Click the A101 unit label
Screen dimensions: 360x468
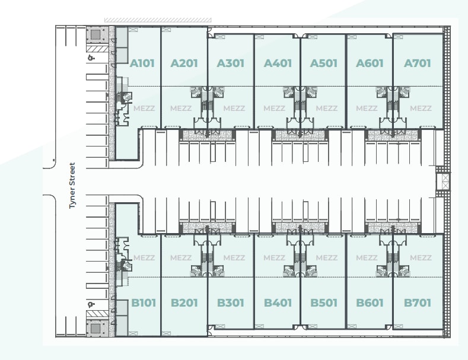pyautogui.click(x=143, y=63)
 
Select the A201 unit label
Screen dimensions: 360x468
pyautogui.click(x=184, y=63)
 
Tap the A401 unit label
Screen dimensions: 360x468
pyautogui.click(x=278, y=63)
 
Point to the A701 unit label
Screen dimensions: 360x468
pyautogui.click(x=417, y=63)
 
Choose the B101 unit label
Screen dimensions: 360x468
pyautogui.click(x=144, y=303)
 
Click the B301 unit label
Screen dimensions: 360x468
pyautogui.click(x=231, y=303)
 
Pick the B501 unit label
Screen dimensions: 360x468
pyautogui.click(x=324, y=303)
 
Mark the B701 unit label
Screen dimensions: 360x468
pyautogui.click(x=417, y=303)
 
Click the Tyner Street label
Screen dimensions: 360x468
pyautogui.click(x=73, y=185)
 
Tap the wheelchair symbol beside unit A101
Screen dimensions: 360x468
pyautogui.click(x=91, y=58)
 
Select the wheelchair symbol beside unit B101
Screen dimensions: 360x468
pyautogui.click(x=91, y=304)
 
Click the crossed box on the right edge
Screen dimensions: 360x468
pyautogui.click(x=443, y=181)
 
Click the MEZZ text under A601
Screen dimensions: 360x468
pyautogui.click(x=367, y=109)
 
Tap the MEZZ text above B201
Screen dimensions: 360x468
pyautogui.click(x=181, y=258)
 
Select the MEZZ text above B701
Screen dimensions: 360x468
pyautogui.click(x=421, y=258)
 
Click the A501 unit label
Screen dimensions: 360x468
pyautogui.click(x=324, y=63)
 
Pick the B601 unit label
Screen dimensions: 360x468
pyautogui.click(x=370, y=303)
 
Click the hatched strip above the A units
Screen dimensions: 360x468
pyautogui.click(x=157, y=20)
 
